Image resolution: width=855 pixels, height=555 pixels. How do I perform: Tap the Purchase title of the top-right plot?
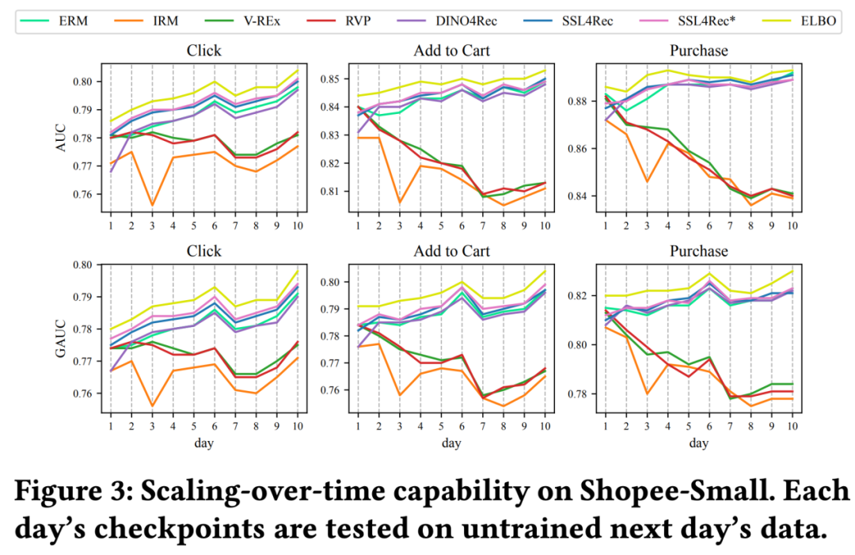click(x=698, y=51)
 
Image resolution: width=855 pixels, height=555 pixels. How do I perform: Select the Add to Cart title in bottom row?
click(x=451, y=251)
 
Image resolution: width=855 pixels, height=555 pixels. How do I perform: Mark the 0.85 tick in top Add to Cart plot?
click(x=335, y=79)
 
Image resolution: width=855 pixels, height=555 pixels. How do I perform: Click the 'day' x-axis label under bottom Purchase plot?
click(x=698, y=443)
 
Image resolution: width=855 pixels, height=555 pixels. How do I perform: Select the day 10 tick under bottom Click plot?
click(x=298, y=424)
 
